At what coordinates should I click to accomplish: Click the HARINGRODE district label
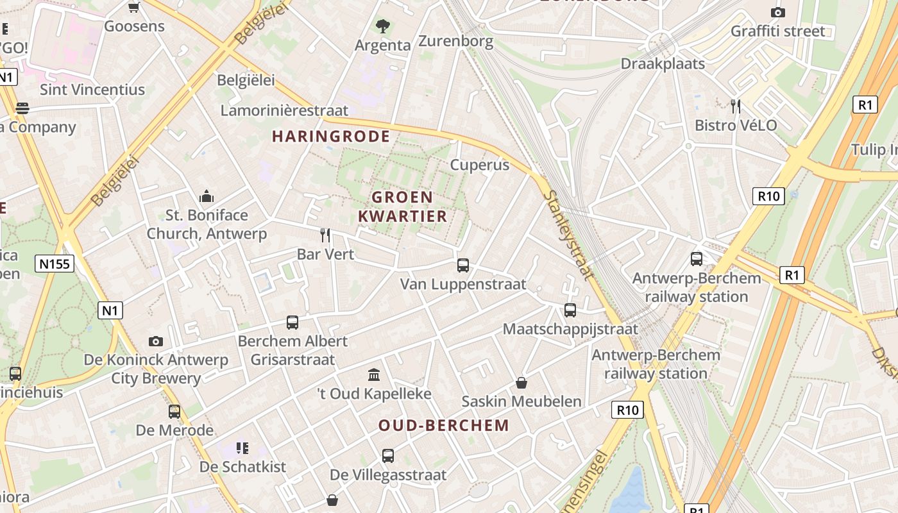pyautogui.click(x=331, y=136)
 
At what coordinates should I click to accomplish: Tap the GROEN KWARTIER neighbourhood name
pyautogui.click(x=402, y=206)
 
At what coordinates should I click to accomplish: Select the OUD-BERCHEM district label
pyautogui.click(x=444, y=425)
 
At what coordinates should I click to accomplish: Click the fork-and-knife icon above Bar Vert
pyautogui.click(x=325, y=235)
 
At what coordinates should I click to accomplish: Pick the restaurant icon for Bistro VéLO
pyautogui.click(x=736, y=106)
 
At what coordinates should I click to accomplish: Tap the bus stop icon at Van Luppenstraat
pyautogui.click(x=463, y=265)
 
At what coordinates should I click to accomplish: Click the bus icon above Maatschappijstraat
pyautogui.click(x=570, y=310)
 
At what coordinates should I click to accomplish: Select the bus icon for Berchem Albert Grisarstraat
pyautogui.click(x=292, y=322)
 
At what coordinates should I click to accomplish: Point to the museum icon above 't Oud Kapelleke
pyautogui.click(x=374, y=374)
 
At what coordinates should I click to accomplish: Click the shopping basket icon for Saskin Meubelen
pyautogui.click(x=521, y=383)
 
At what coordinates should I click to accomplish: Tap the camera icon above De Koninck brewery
pyautogui.click(x=156, y=341)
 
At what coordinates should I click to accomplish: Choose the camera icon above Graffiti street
pyautogui.click(x=778, y=12)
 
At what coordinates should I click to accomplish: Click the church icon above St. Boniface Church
pyautogui.click(x=207, y=196)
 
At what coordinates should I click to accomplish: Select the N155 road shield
pyautogui.click(x=56, y=263)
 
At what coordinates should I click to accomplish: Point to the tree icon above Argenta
pyautogui.click(x=383, y=26)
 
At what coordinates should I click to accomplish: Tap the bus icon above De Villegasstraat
pyautogui.click(x=388, y=456)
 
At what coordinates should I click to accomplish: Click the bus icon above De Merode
pyautogui.click(x=174, y=411)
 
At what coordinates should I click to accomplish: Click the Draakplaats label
pyautogui.click(x=663, y=63)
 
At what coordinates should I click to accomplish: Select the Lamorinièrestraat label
pyautogui.click(x=284, y=110)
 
